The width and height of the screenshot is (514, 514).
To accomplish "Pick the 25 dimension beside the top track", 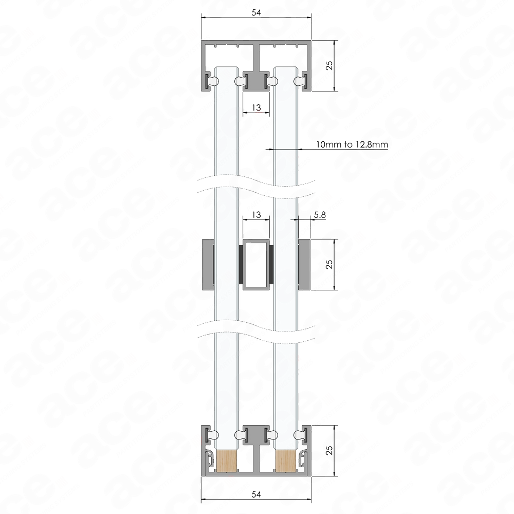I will coord(329,65).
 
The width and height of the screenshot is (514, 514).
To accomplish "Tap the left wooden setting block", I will coord(226,461).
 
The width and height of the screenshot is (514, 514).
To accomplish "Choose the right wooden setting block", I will coord(285,461).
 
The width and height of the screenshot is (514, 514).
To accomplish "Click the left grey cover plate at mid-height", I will coord(208,263).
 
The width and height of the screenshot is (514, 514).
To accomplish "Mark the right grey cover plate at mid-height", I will coord(305,263).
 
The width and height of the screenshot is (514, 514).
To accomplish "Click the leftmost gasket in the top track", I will coord(211,81).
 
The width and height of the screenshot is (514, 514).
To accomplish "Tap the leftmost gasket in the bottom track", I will coord(211,435).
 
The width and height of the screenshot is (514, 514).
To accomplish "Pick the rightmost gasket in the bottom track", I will coord(301,435).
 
